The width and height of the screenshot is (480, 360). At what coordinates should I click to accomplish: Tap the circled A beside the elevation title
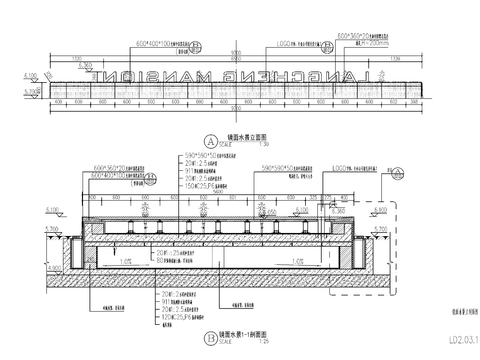tap(209, 140)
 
